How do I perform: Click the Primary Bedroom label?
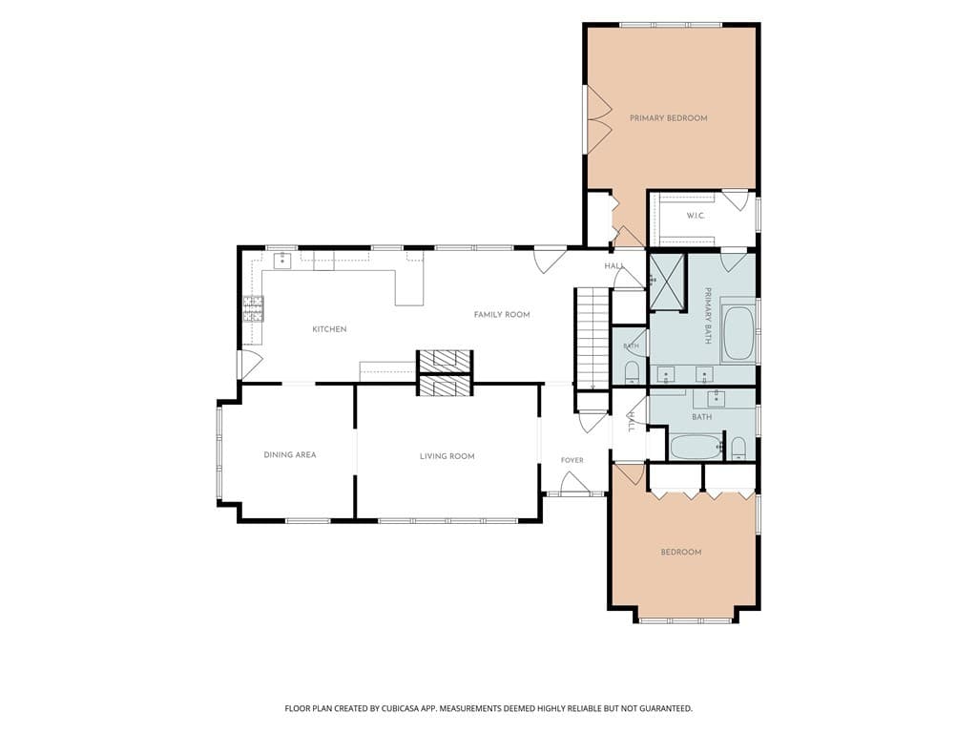click(668, 117)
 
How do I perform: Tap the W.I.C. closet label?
click(696, 216)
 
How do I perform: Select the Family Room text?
click(502, 314)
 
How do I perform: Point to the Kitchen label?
click(329, 329)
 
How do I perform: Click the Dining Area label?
click(290, 455)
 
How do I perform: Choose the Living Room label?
click(447, 456)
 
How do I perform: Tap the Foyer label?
click(572, 460)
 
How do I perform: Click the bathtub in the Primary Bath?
click(738, 333)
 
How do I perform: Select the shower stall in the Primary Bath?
click(667, 282)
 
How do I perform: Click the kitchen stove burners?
click(253, 308)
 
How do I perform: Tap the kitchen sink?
click(283, 260)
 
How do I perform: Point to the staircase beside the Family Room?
click(592, 339)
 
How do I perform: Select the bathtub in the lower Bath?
click(696, 448)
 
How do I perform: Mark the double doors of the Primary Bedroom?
click(598, 118)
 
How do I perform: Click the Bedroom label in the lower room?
click(681, 553)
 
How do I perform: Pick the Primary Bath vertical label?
click(708, 315)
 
